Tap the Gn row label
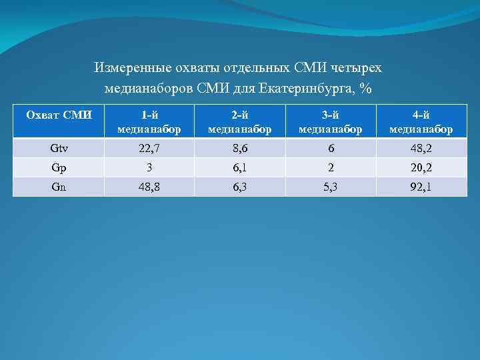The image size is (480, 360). click(x=59, y=187)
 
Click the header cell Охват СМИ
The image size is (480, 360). click(x=59, y=115)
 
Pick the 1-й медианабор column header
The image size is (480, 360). click(x=149, y=121)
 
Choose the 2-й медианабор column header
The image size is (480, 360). click(x=239, y=121)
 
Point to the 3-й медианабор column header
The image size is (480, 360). click(x=331, y=121)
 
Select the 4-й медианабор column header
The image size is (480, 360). click(x=421, y=121)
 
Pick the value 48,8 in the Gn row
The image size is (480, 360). click(x=149, y=187)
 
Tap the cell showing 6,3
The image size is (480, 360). click(x=239, y=187)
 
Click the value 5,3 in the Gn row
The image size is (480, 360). click(x=331, y=187)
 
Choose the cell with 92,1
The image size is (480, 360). click(x=421, y=187)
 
